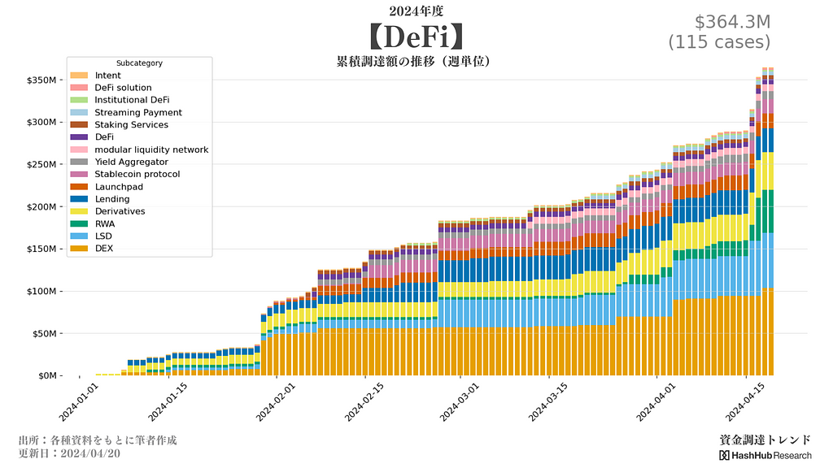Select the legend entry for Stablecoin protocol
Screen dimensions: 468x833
tap(137, 175)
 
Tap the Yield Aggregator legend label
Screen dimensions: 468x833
tap(131, 162)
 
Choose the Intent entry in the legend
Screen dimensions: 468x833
tap(107, 76)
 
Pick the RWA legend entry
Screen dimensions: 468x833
tap(105, 224)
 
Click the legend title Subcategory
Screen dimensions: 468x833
tap(139, 63)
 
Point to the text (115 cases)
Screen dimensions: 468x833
tap(719, 42)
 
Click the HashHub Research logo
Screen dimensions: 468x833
tap(765, 455)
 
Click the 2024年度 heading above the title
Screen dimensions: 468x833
tap(416, 11)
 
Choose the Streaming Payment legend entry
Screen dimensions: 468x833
tap(137, 113)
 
